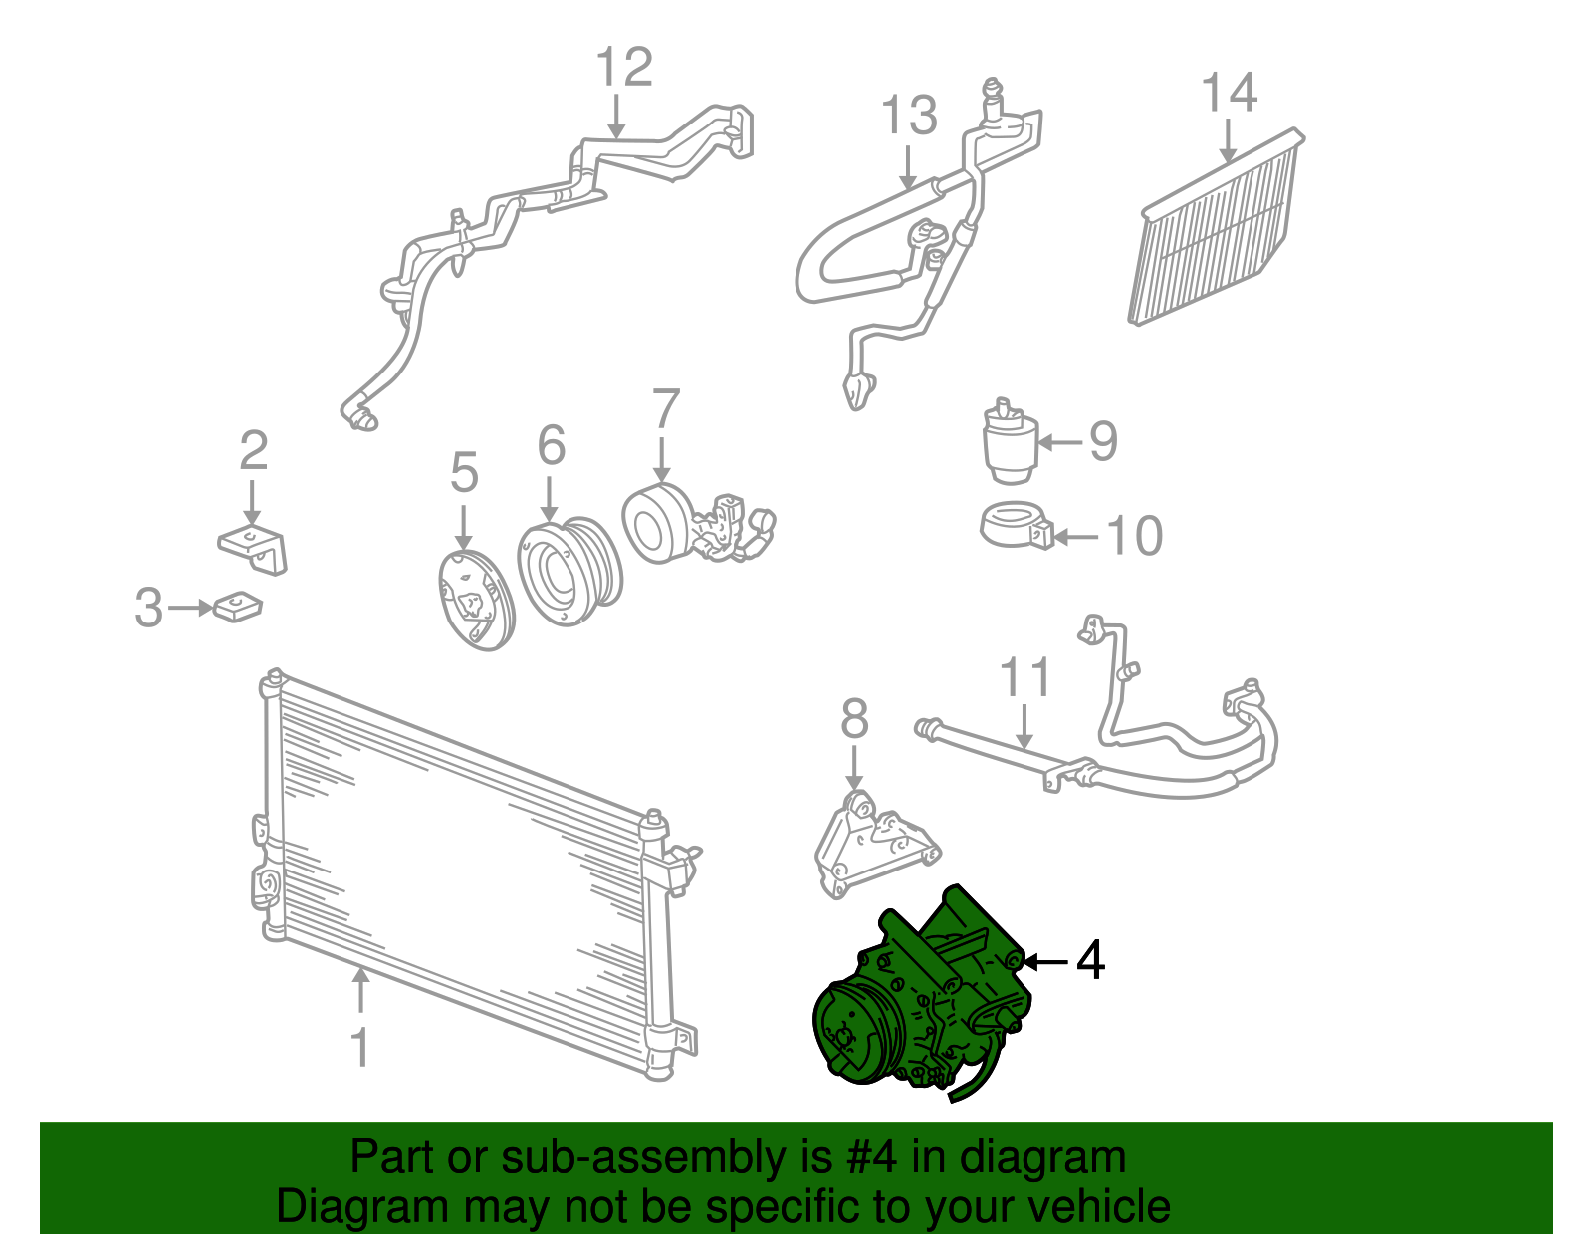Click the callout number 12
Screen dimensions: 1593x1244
(x=624, y=67)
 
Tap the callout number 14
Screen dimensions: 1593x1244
(x=1229, y=93)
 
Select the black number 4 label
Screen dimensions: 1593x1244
(x=1090, y=960)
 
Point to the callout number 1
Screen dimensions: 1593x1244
(x=360, y=1047)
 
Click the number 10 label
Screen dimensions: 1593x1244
(x=1134, y=536)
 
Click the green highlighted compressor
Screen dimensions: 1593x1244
(x=924, y=995)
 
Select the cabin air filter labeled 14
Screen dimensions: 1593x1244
(x=1217, y=227)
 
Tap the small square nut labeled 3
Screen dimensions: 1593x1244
(x=238, y=606)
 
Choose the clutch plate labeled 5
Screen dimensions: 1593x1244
(x=476, y=600)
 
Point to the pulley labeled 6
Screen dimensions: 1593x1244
(x=569, y=571)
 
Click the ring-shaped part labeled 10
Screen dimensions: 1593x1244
(x=1017, y=525)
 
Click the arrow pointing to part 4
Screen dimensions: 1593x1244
(x=1045, y=961)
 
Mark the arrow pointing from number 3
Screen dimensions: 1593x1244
(x=190, y=608)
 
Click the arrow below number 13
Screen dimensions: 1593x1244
(x=908, y=168)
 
